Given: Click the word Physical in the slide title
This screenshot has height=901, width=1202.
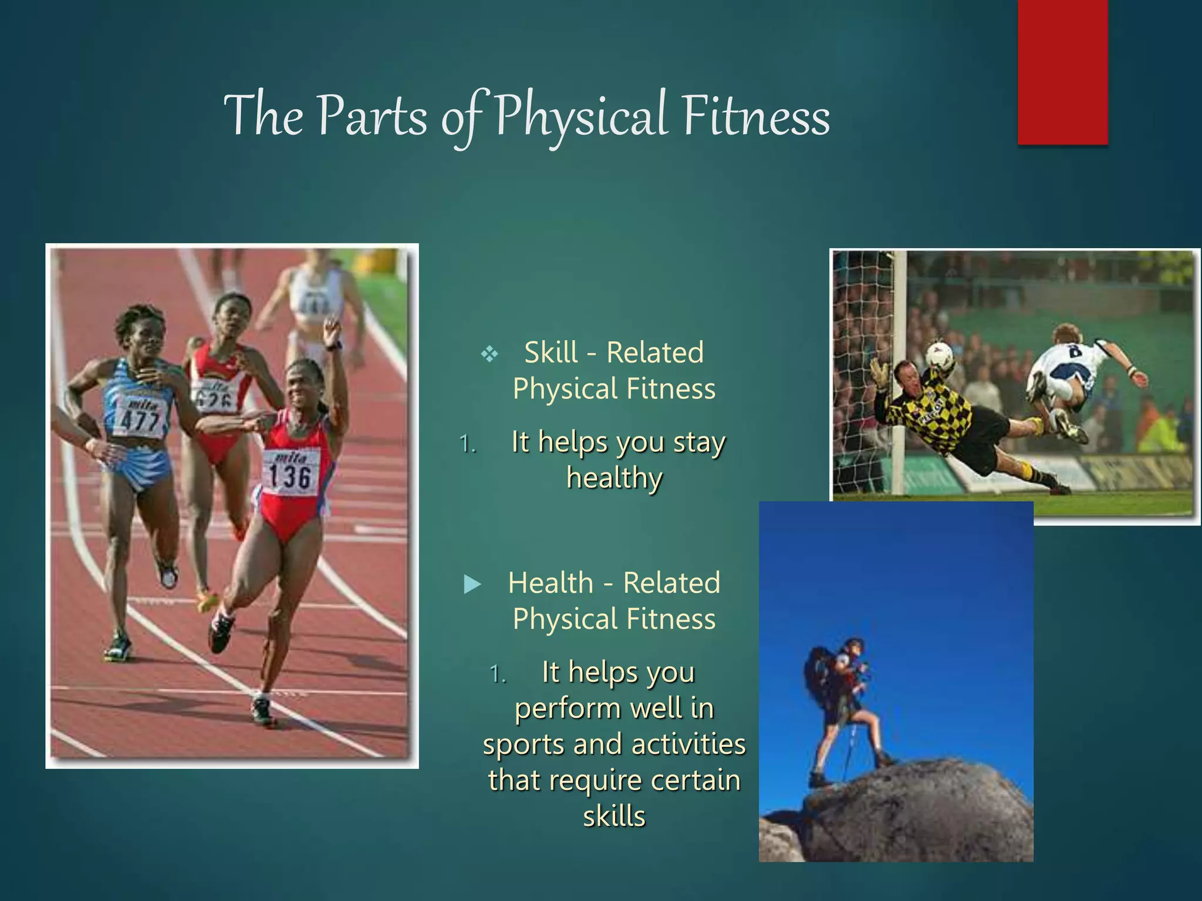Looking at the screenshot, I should pos(581,116).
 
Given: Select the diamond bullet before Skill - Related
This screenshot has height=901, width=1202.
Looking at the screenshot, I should pos(489,354).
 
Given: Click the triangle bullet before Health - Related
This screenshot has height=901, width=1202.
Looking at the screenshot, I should pos(472,584).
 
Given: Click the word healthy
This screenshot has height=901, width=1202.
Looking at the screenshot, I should pos(614,477).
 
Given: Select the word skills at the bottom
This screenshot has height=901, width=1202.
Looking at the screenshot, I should pos(614,816).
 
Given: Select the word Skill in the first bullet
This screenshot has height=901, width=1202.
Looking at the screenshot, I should pos(551,353).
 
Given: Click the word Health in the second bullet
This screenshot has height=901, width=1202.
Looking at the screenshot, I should pos(551,583).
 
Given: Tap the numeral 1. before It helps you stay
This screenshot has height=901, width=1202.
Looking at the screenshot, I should pos(468,444).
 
